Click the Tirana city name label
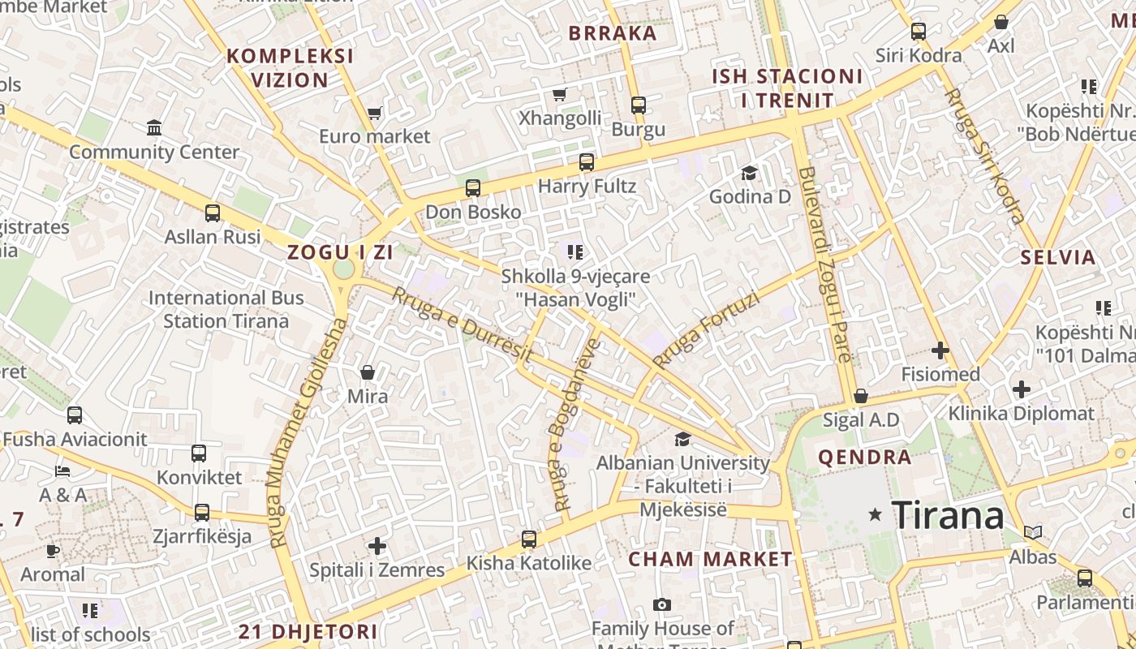point(948,514)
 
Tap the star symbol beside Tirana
point(875,514)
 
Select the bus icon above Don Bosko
point(473,188)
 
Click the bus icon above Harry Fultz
point(587,162)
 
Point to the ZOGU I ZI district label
point(341,252)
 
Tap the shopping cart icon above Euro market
point(374,113)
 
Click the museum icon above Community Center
point(154,127)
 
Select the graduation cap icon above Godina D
point(749,173)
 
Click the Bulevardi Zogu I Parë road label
point(826,264)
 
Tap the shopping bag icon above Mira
point(368,372)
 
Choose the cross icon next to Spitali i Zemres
point(377,546)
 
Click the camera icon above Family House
point(662,604)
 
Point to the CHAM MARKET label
point(710,559)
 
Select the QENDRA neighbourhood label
point(865,457)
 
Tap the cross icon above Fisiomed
point(940,350)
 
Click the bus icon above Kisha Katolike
point(529,539)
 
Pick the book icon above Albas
point(1032,532)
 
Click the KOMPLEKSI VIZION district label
point(290,68)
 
